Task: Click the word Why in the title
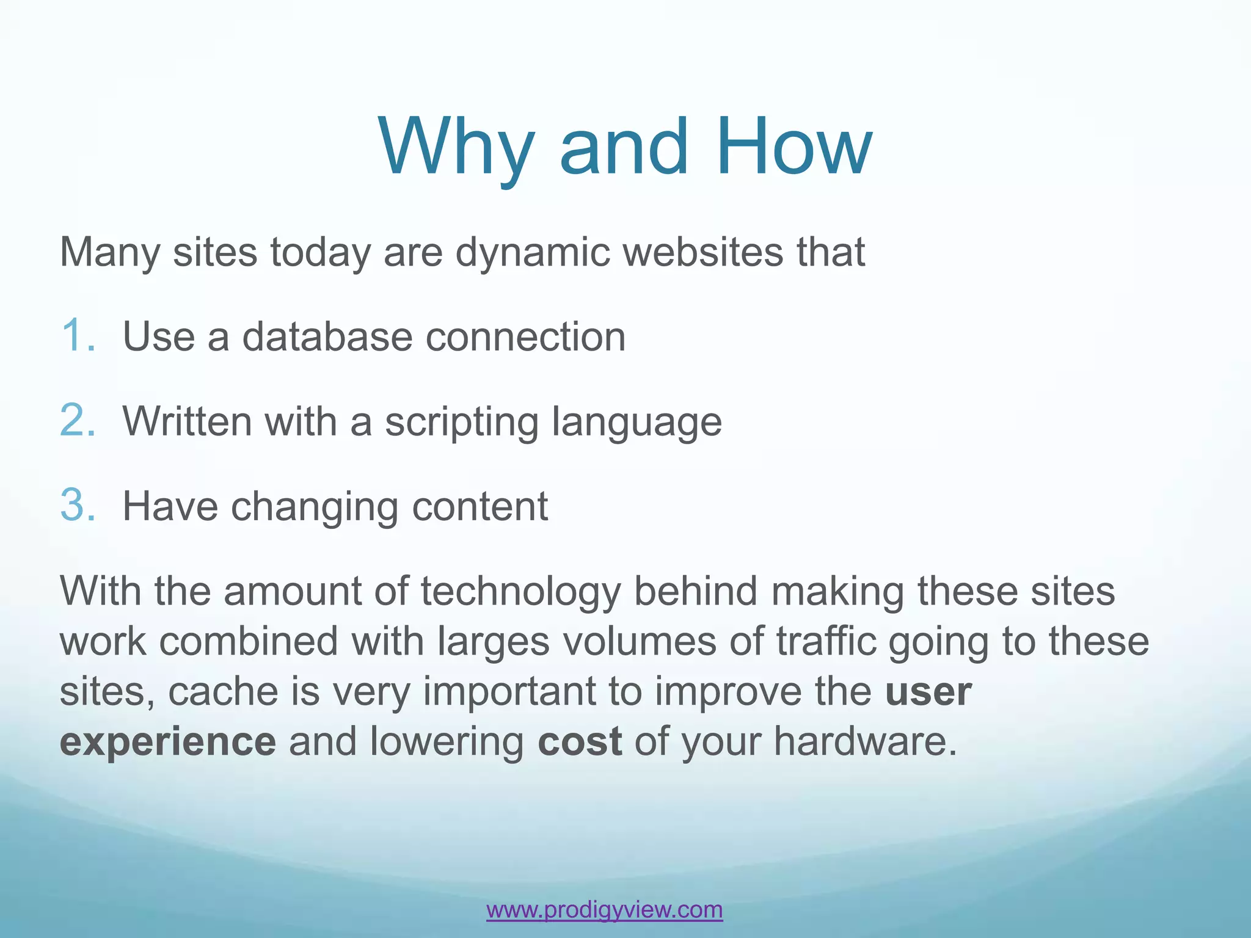coord(455,148)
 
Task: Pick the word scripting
coord(461,423)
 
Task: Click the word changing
coord(314,507)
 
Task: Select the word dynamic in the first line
coord(533,252)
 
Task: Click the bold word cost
coord(579,741)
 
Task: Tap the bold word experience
coord(168,743)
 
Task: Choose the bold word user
coord(928,693)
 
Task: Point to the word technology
coord(520,592)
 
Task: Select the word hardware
coord(865,741)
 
